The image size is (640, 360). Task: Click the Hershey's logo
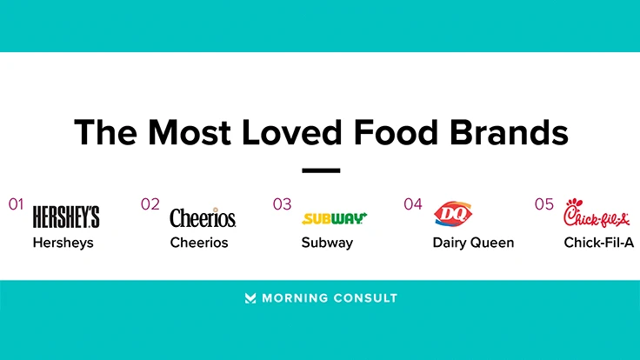(66, 217)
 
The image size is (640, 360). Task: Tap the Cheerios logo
(203, 217)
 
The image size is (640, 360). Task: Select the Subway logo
(334, 218)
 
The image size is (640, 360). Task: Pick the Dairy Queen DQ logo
(451, 214)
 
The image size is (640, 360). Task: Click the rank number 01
(16, 204)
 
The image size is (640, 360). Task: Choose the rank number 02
(150, 204)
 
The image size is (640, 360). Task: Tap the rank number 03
(282, 204)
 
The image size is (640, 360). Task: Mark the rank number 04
(413, 204)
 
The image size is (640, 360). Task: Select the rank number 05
(544, 204)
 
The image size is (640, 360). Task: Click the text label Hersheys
(63, 243)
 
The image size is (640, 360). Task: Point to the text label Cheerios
(199, 243)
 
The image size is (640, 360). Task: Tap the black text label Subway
(327, 243)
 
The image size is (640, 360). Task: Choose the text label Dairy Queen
(473, 243)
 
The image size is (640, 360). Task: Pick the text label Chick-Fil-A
(599, 243)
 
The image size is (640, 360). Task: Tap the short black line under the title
(321, 171)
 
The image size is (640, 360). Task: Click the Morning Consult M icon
(250, 298)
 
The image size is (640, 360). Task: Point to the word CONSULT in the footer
(365, 298)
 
